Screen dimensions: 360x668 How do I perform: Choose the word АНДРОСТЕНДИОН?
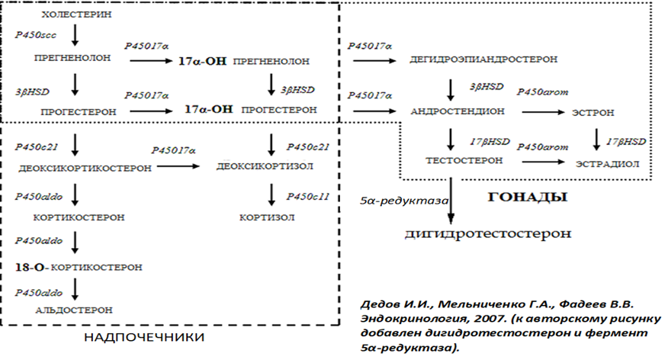[x=457, y=111]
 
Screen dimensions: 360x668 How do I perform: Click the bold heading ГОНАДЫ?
[x=538, y=197]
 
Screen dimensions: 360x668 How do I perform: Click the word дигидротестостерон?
[x=487, y=233]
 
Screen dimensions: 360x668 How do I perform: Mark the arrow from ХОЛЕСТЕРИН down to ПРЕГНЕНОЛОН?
[x=75, y=35]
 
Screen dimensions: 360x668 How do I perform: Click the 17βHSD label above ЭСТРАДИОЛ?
[x=627, y=142]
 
